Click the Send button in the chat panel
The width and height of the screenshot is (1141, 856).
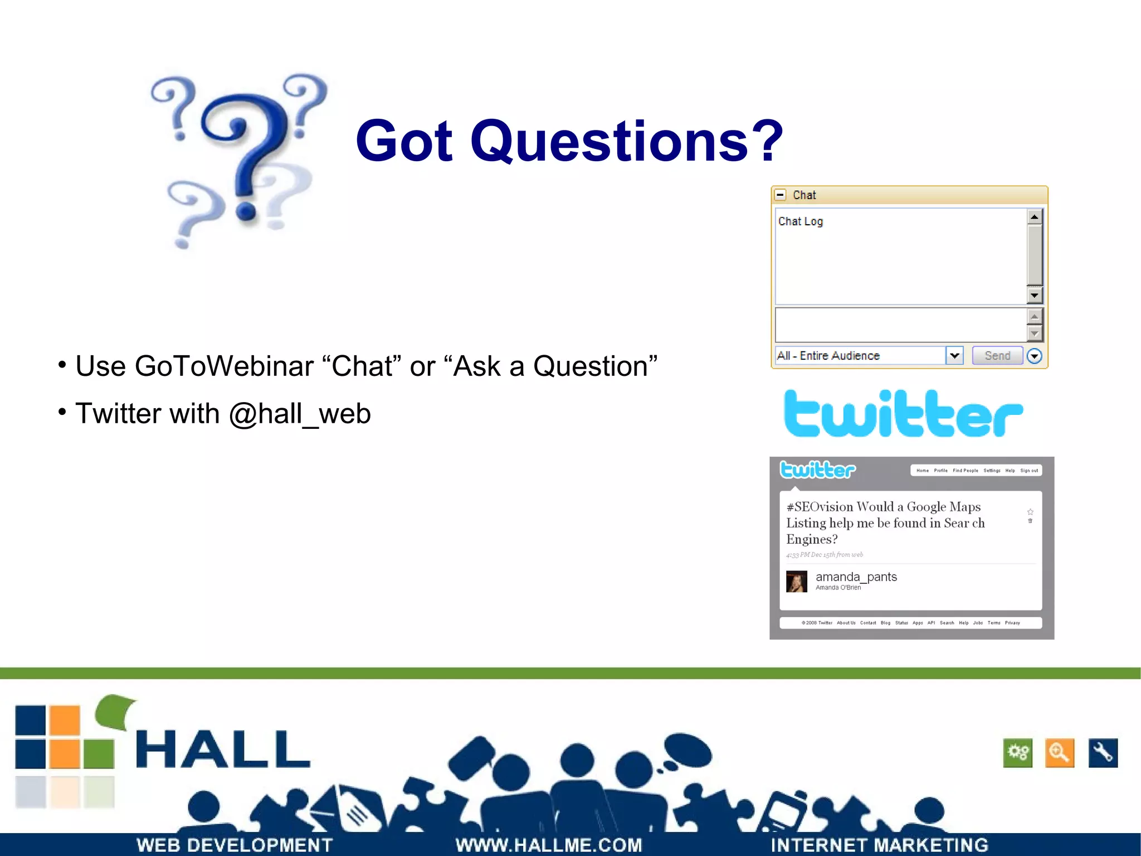point(997,356)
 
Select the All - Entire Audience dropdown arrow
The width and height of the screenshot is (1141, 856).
point(954,355)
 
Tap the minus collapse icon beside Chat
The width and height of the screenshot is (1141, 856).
point(781,195)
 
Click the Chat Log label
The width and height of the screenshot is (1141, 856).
point(800,221)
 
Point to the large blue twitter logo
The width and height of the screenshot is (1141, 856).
point(903,414)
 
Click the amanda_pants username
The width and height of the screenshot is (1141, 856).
point(856,577)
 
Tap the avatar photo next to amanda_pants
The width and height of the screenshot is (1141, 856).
point(796,582)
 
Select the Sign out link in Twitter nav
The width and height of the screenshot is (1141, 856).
point(1028,471)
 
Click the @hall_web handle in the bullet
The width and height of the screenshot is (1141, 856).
point(300,414)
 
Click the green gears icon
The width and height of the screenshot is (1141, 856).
point(1017,753)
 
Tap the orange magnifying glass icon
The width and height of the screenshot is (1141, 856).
point(1059,753)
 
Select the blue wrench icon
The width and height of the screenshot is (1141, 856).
point(1103,753)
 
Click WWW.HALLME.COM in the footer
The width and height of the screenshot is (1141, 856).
point(549,845)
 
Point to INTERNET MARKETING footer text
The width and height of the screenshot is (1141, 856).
point(879,845)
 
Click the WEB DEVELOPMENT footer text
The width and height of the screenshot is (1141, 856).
point(234,845)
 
